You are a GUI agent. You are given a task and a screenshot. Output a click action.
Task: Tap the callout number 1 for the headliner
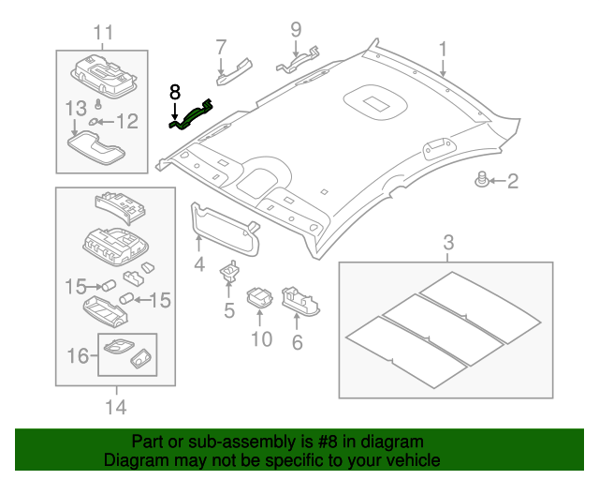443,48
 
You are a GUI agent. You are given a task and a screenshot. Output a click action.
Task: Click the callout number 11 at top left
102,33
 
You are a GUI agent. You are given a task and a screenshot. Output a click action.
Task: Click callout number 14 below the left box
115,407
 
